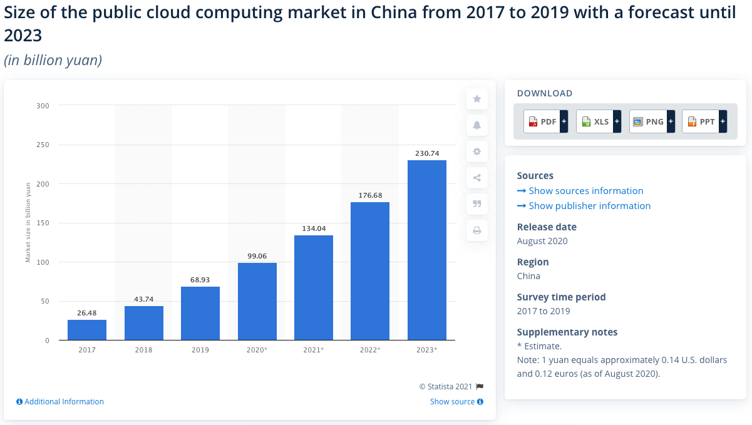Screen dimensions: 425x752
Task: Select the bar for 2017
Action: (x=87, y=330)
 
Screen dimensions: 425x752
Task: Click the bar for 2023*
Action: (x=426, y=250)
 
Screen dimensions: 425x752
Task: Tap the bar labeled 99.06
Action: (x=257, y=301)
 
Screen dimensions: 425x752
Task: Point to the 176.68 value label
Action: (x=370, y=195)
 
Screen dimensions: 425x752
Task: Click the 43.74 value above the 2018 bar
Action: (x=144, y=299)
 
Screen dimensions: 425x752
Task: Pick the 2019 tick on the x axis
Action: (x=200, y=349)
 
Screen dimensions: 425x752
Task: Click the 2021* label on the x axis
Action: (x=314, y=349)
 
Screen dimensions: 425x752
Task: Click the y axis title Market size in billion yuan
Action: (x=28, y=222)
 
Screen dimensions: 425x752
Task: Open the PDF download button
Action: (x=545, y=121)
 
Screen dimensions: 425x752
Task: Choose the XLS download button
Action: (x=598, y=121)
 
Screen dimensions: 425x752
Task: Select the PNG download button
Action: (x=651, y=121)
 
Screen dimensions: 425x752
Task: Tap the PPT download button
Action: (x=704, y=121)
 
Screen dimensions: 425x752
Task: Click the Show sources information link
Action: (x=585, y=191)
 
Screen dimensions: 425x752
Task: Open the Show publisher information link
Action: (x=589, y=206)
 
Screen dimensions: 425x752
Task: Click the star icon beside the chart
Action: (x=476, y=99)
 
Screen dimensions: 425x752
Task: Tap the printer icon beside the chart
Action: (x=476, y=230)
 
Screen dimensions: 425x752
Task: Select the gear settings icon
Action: (x=476, y=151)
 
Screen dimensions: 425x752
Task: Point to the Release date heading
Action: (x=547, y=227)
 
